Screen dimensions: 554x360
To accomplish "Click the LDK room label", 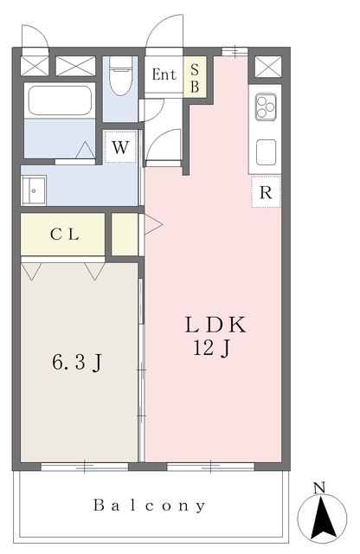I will pos(215,325).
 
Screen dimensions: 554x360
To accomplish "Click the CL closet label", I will pos(64,234).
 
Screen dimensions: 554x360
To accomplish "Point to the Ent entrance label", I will pos(164,74).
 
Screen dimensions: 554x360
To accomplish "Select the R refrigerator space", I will pos(266,192).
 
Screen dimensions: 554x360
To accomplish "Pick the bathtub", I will pos(60,101).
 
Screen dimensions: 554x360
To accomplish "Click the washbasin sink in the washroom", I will pos(37,190).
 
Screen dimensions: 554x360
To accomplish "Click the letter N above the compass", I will pos(320,488).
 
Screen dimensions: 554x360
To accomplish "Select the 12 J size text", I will pos(211,349).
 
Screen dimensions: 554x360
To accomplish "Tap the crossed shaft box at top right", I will pos(265,65).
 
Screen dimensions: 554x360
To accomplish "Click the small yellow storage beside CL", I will pos(125,234).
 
